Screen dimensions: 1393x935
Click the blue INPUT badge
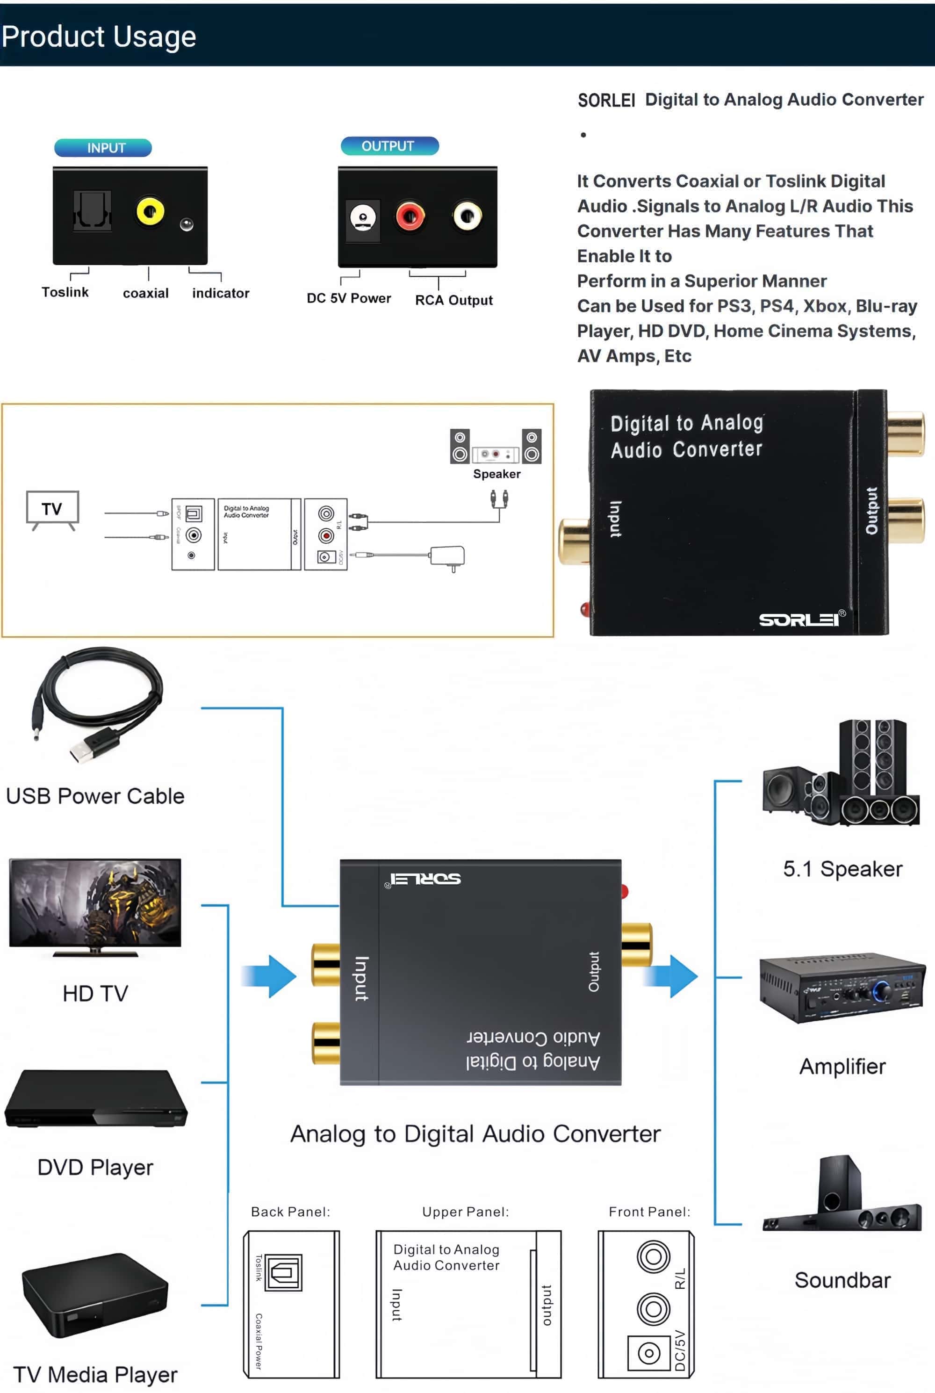coord(103,147)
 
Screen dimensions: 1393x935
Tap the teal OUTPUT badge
coord(389,146)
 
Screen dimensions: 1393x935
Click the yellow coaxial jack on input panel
coord(150,211)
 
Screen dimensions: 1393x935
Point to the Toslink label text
coord(65,292)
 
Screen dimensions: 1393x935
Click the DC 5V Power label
coord(349,298)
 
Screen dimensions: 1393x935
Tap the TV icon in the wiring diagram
coord(52,509)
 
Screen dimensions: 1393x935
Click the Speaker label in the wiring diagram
coord(496,474)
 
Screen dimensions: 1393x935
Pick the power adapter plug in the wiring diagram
coord(447,556)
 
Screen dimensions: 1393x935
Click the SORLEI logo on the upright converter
coord(799,620)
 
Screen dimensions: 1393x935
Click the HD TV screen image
coord(95,903)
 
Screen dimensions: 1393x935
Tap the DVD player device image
coord(95,1100)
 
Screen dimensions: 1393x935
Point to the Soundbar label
coord(842,1280)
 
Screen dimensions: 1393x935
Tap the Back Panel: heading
coord(290,1212)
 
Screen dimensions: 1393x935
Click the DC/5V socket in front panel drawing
coord(649,1352)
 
